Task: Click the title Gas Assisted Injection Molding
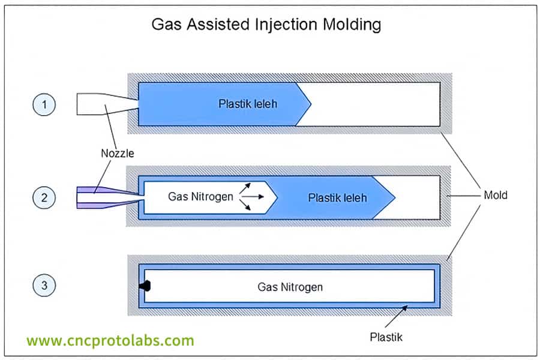click(x=266, y=25)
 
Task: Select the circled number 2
click(x=44, y=196)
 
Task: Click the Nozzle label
click(x=117, y=153)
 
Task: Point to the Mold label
click(x=495, y=195)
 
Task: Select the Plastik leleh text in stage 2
click(x=337, y=197)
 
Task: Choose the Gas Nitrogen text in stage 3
click(x=290, y=287)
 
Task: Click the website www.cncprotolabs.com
click(x=110, y=341)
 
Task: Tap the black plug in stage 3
click(x=145, y=286)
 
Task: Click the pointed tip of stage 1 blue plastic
click(x=310, y=104)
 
